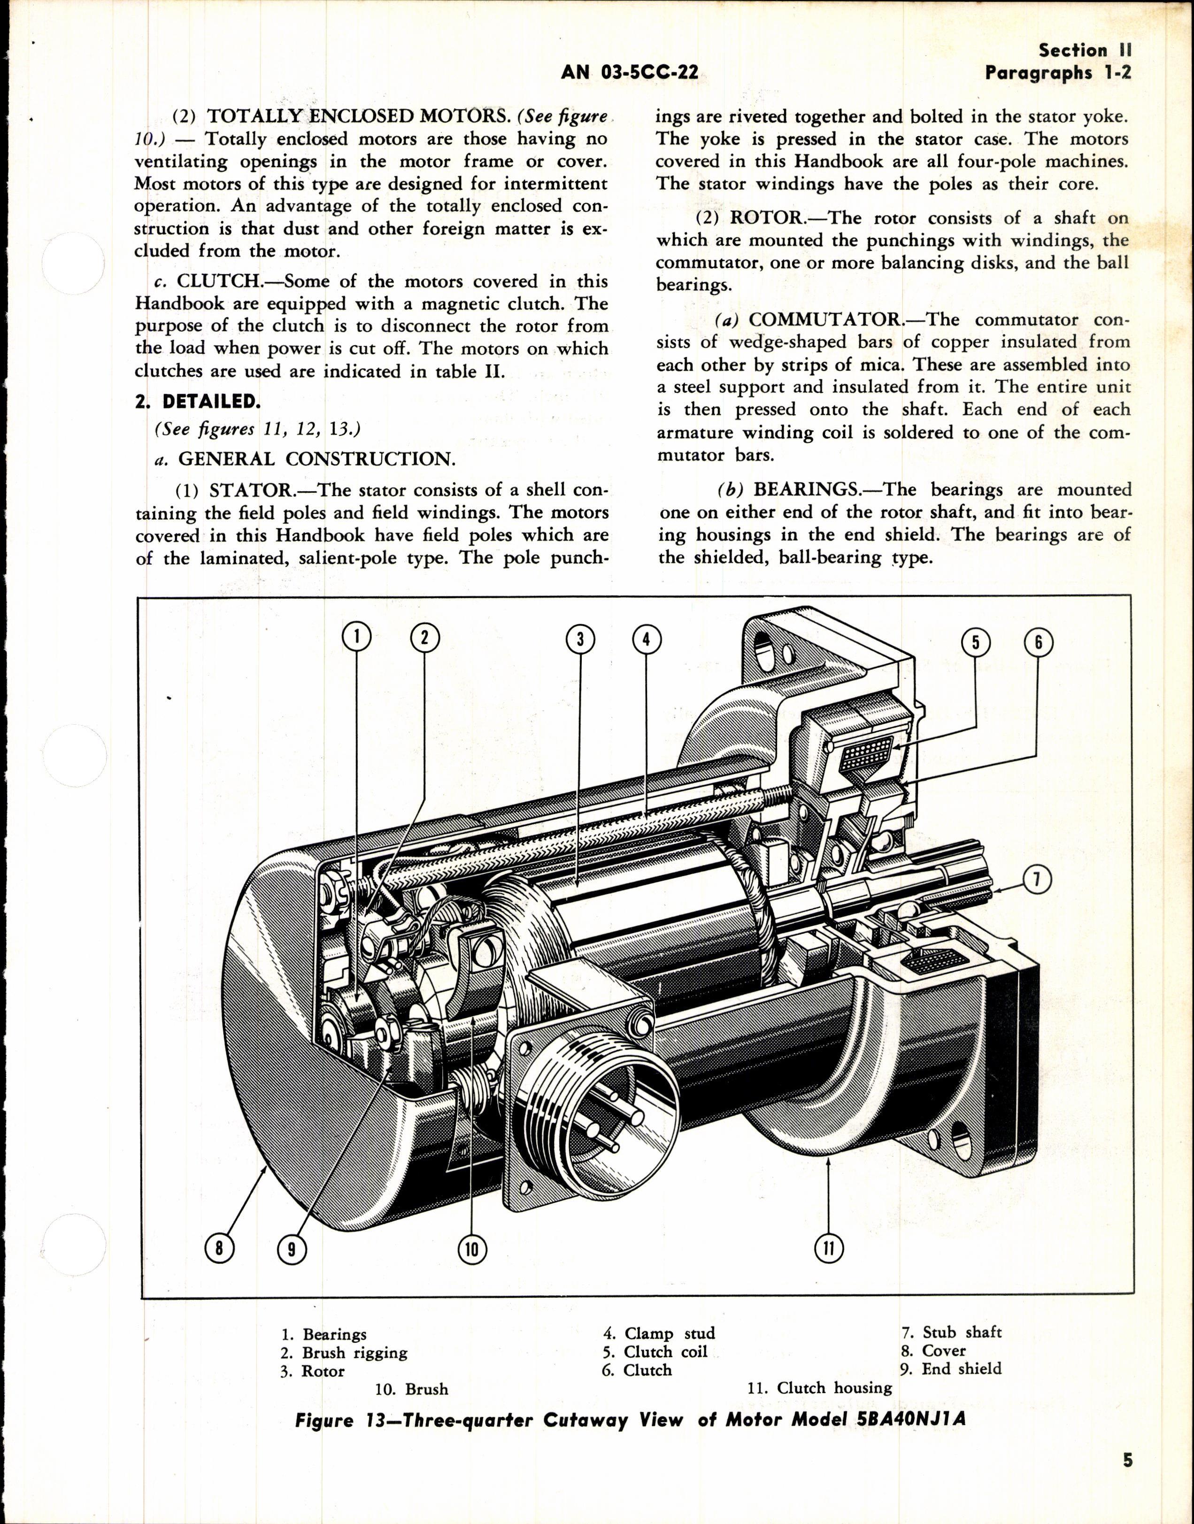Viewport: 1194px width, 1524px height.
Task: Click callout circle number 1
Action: (356, 638)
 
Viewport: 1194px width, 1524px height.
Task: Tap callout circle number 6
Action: (1037, 642)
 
